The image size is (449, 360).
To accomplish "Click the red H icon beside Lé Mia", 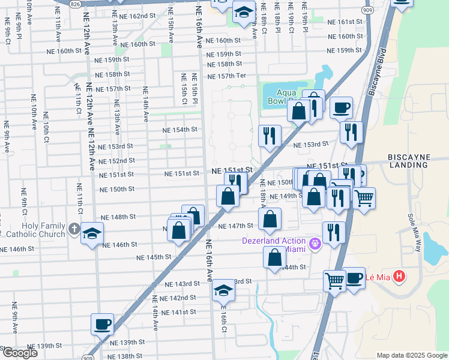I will pyautogui.click(x=399, y=277).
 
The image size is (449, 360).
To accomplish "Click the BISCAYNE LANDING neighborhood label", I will pyautogui.click(x=417, y=161).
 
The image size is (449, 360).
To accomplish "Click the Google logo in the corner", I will pyautogui.click(x=19, y=353).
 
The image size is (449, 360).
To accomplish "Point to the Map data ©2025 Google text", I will pyautogui.click(x=412, y=355).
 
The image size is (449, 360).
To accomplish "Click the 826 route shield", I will pyautogui.click(x=74, y=4).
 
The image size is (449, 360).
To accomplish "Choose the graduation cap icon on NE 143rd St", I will pyautogui.click(x=223, y=290).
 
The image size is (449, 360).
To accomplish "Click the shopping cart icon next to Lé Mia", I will pyautogui.click(x=334, y=280).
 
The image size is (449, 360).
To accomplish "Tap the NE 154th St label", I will pyautogui.click(x=180, y=130).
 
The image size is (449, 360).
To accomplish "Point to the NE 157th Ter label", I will pyautogui.click(x=226, y=76).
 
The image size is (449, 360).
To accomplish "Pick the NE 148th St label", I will pyautogui.click(x=118, y=217).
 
